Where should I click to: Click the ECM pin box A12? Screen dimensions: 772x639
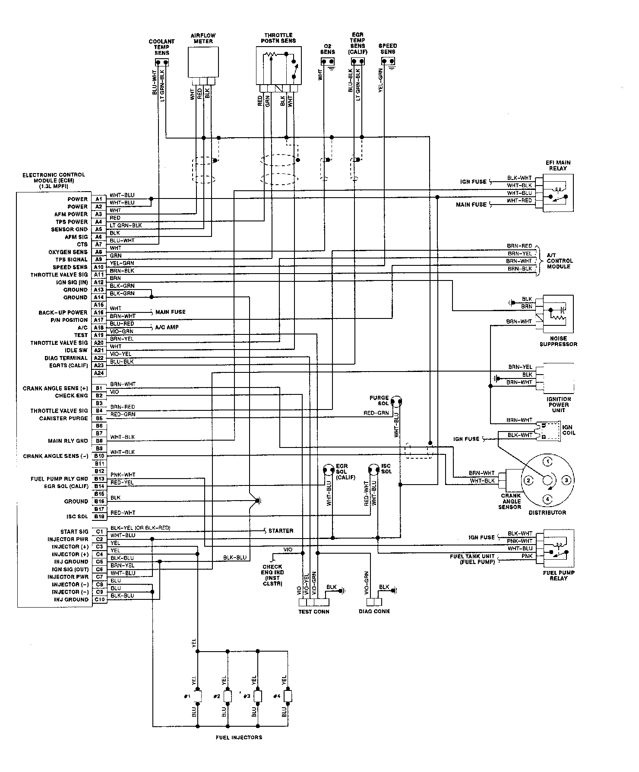(x=99, y=282)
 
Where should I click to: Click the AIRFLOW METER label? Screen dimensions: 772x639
(x=203, y=38)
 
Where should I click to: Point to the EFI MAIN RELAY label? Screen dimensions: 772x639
(x=558, y=165)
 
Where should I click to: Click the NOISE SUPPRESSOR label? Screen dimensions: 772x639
(x=558, y=341)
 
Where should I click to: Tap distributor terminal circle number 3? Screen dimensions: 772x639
(x=567, y=480)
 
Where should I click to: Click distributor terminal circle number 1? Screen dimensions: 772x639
(x=547, y=462)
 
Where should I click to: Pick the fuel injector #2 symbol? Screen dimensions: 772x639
(x=228, y=696)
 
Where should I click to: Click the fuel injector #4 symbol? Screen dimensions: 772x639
(x=288, y=696)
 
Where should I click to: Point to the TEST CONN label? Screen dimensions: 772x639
(x=313, y=611)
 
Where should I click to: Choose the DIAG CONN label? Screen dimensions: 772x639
(x=374, y=611)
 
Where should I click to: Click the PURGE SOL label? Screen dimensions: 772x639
(x=379, y=400)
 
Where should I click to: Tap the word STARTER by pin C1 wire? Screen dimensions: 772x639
(x=281, y=531)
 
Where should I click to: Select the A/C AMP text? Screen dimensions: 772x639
(x=167, y=327)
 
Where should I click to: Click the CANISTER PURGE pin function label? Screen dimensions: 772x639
(x=63, y=418)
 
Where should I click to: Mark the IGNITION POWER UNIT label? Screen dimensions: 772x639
(x=558, y=405)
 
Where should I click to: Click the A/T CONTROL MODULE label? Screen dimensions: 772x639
(x=560, y=261)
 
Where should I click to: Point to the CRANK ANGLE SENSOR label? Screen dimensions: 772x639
(x=511, y=501)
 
